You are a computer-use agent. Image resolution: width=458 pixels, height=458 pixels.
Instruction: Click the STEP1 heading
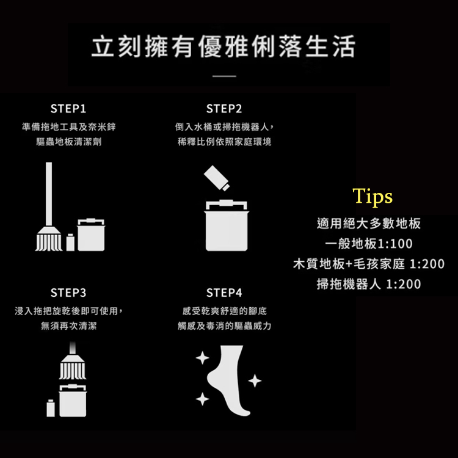tap(68, 109)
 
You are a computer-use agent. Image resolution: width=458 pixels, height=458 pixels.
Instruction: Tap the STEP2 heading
tap(224, 109)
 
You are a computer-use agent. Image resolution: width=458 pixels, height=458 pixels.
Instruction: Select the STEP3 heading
tap(68, 293)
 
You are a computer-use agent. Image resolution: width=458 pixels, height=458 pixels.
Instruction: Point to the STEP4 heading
tap(224, 293)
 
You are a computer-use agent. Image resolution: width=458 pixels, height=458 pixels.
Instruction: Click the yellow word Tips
tap(373, 196)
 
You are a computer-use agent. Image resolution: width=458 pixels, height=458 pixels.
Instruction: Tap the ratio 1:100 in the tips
tap(395, 244)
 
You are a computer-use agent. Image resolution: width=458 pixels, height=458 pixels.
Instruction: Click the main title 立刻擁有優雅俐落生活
tap(224, 46)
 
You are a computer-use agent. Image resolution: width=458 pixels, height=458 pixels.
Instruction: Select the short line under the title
tap(224, 76)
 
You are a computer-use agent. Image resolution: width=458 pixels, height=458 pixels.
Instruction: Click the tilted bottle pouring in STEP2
tap(217, 178)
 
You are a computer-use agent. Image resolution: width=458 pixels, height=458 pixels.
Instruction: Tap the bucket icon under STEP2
tap(227, 225)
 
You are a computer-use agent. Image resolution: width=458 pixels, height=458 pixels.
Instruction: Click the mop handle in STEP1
tap(49, 194)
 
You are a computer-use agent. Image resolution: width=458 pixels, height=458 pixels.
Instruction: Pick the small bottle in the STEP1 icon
tap(70, 242)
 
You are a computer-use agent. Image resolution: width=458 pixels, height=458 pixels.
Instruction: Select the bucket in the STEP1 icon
tap(91, 234)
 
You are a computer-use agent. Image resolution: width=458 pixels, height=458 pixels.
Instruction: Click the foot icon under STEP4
tap(227, 380)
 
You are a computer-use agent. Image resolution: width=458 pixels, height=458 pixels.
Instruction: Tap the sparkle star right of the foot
tap(255, 380)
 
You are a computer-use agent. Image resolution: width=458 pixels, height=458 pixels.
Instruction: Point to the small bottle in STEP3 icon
tap(51, 408)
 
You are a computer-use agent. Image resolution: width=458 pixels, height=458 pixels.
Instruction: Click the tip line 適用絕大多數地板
tap(369, 224)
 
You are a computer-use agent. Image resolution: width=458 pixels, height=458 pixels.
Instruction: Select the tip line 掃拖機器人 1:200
tap(369, 284)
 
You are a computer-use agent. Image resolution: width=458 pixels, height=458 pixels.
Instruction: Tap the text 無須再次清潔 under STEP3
tap(68, 325)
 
